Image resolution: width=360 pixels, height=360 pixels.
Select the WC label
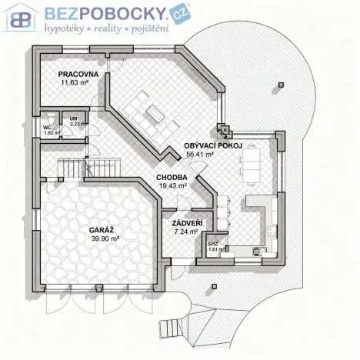click(47, 127)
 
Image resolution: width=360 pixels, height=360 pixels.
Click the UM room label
click(74, 118)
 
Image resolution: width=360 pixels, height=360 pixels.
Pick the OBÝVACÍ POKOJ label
click(214, 145)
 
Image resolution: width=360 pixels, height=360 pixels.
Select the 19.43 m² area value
click(172, 185)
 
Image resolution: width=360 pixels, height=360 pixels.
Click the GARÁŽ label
click(100, 230)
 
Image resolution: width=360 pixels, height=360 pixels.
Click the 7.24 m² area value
click(185, 231)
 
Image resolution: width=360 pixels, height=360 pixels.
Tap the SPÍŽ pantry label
click(213, 244)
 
